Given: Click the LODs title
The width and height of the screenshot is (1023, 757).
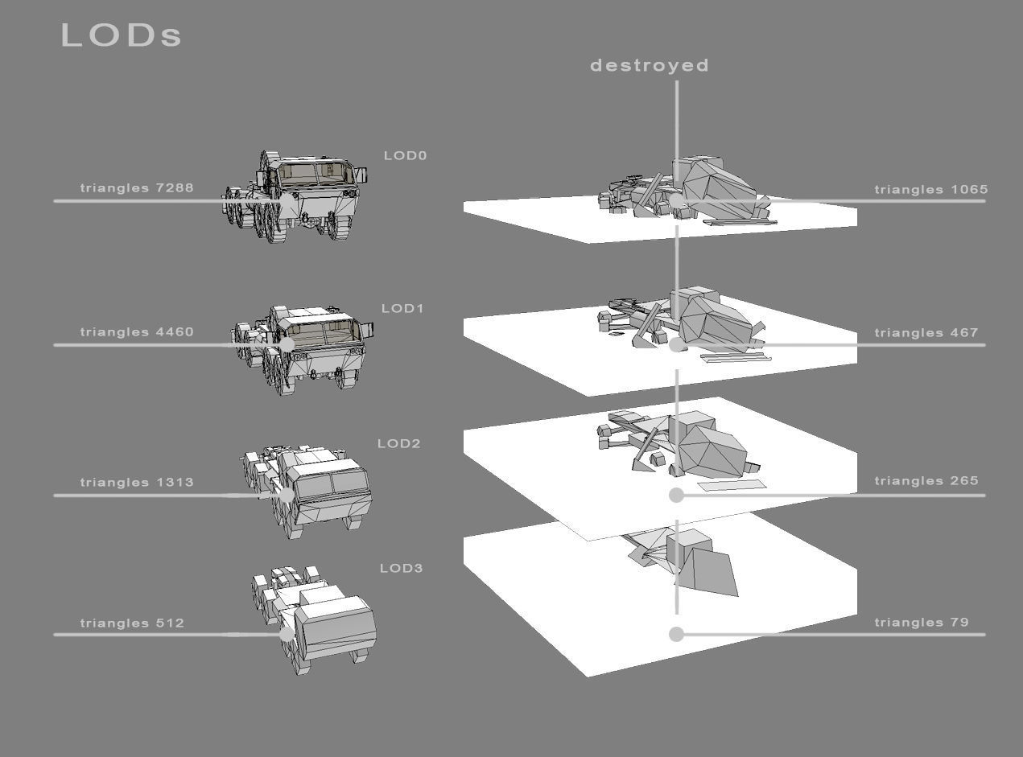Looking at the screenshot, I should pyautogui.click(x=122, y=35).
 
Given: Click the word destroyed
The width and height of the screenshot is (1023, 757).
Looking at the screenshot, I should pyautogui.click(x=650, y=66).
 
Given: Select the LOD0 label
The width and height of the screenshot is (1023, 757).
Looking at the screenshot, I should pyautogui.click(x=405, y=156).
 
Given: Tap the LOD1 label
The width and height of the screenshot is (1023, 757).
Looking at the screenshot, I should pyautogui.click(x=402, y=309).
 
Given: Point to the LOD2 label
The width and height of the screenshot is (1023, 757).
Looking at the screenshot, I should pyautogui.click(x=399, y=444).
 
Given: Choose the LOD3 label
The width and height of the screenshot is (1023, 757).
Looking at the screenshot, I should pyautogui.click(x=401, y=569).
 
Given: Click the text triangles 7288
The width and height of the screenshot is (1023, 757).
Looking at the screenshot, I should pyautogui.click(x=137, y=188).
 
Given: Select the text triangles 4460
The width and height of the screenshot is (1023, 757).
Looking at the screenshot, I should pyautogui.click(x=137, y=332).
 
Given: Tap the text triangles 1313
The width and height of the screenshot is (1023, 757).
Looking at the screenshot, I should pyautogui.click(x=137, y=483).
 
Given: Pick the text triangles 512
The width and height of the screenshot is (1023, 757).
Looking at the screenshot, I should pyautogui.click(x=132, y=623).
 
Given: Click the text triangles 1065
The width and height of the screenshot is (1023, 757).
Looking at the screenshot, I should pyautogui.click(x=930, y=190).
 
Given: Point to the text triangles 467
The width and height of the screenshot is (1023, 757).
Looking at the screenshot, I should pyautogui.click(x=926, y=333).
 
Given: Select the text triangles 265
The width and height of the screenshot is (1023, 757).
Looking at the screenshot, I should pyautogui.click(x=926, y=481).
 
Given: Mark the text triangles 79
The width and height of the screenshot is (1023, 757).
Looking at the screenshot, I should pyautogui.click(x=922, y=623).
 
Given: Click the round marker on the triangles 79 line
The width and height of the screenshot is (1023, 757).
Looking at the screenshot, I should pyautogui.click(x=676, y=635).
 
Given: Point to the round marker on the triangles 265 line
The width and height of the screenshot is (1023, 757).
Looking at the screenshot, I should pyautogui.click(x=676, y=496).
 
